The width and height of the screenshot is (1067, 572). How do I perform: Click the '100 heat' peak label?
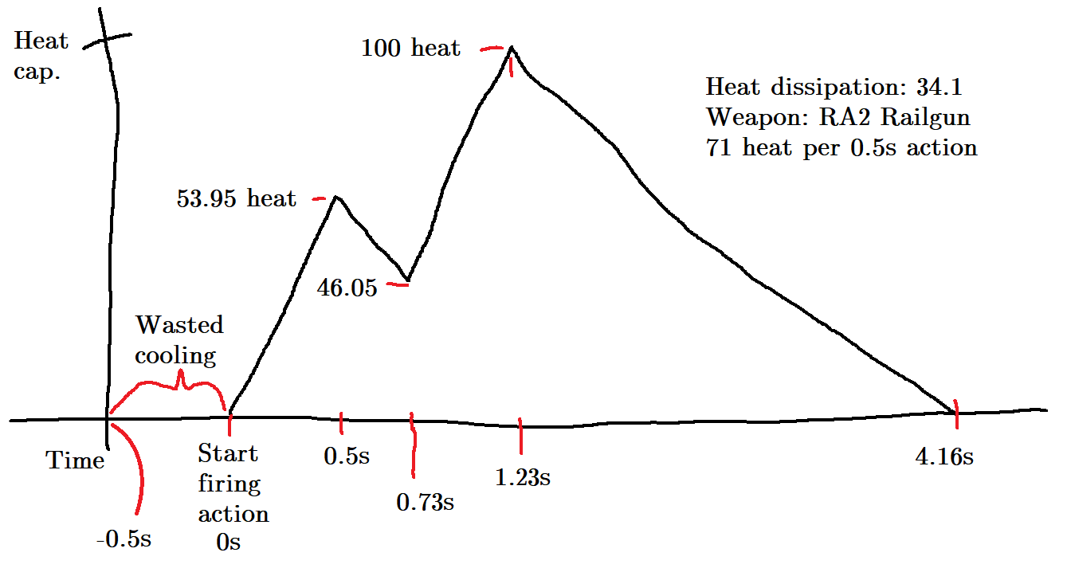410,49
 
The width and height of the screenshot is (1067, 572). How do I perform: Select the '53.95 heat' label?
236,198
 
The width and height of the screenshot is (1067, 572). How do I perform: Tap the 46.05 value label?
347,288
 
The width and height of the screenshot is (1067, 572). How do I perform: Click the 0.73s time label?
425,503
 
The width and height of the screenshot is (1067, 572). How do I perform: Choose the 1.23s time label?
522,478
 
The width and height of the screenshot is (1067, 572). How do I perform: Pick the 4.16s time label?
945,457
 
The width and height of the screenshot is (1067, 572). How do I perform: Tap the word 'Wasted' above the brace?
179,325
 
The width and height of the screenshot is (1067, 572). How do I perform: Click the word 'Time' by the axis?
75,460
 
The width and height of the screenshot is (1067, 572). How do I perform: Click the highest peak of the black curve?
511,48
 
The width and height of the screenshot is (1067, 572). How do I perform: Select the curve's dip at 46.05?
407,281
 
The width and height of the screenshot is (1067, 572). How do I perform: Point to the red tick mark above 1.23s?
520,433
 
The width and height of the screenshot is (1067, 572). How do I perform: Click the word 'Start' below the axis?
228,454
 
